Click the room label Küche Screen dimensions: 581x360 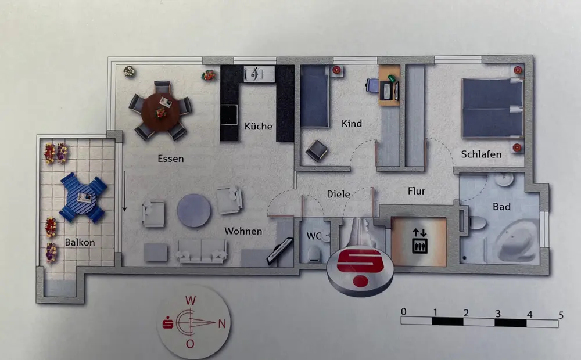pos(258,126)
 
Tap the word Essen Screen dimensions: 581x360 pos(171,158)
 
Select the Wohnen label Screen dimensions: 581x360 pos(243,231)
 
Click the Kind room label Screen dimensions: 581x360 pos(352,123)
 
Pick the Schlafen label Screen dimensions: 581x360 pos(481,154)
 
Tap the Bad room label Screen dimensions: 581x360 pos(501,207)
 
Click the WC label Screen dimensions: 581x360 pos(314,236)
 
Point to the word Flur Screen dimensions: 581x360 pos(416,190)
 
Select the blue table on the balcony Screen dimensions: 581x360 pos(83,197)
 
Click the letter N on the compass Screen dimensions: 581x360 pos(221,324)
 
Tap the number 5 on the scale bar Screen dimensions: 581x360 pos(560,314)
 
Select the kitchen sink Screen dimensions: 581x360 pos(256,74)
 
